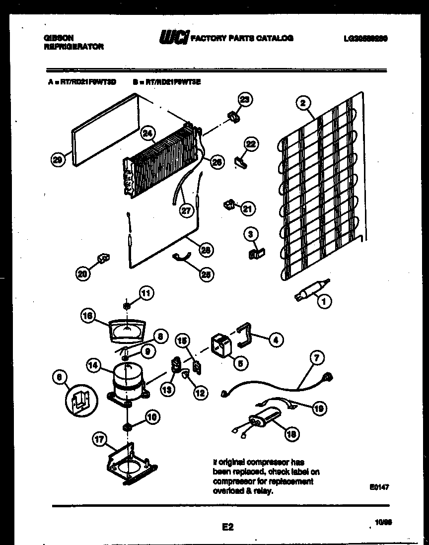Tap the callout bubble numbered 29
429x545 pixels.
tap(58, 159)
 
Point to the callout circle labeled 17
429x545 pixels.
tap(101, 439)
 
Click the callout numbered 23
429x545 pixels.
tap(244, 99)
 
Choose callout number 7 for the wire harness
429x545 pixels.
tap(317, 357)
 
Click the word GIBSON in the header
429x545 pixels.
tap(58, 38)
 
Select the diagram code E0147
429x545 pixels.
tap(379, 487)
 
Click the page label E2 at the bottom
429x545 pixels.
tap(227, 528)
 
